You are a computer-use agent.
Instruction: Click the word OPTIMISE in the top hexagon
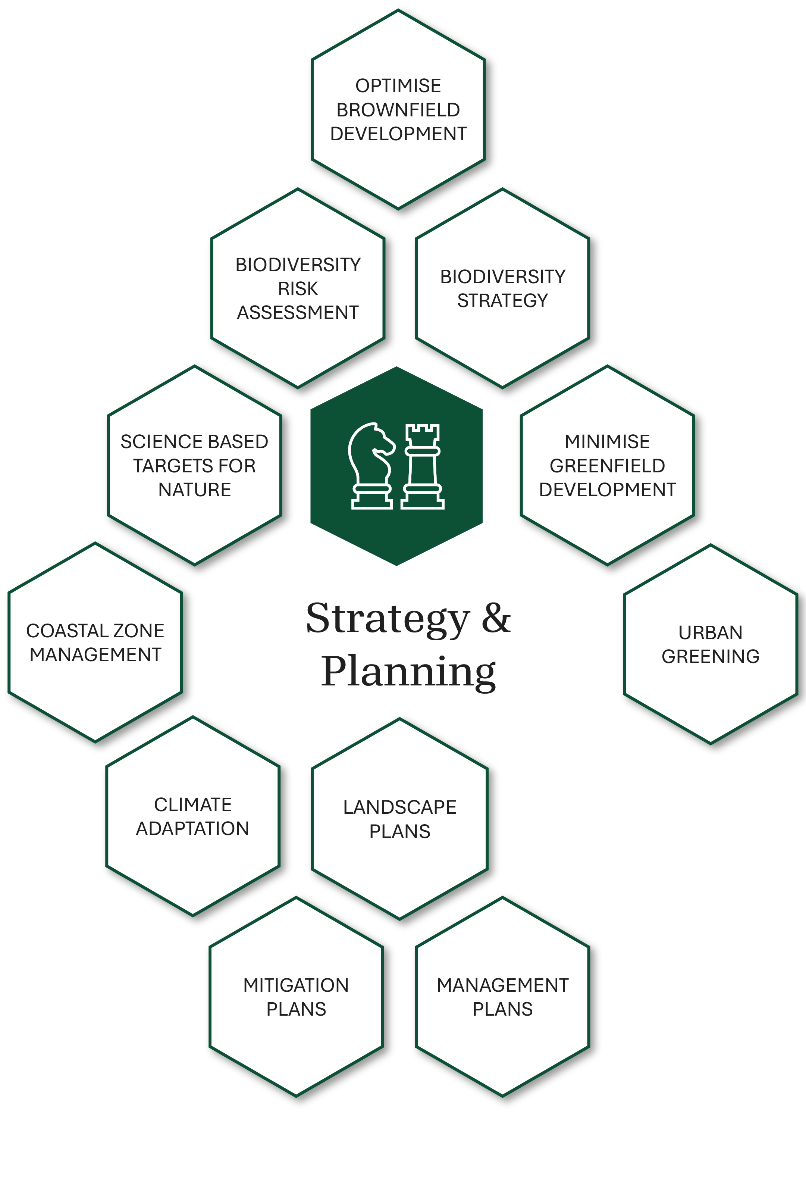point(398,86)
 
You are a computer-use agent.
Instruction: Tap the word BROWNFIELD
point(398,110)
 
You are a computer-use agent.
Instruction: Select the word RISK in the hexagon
point(298,289)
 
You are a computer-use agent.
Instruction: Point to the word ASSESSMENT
point(298,312)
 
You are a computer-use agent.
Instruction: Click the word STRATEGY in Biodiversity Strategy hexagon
point(502,301)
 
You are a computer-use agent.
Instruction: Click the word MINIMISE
point(607,442)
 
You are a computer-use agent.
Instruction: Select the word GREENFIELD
point(607,466)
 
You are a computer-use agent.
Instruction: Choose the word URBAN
point(711,633)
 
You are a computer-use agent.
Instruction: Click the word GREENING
point(711,657)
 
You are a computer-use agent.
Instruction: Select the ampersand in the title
point(496,618)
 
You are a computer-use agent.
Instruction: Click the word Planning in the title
point(408,672)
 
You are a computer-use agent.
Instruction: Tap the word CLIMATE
point(192,804)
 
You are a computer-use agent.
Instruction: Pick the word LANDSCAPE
point(400,807)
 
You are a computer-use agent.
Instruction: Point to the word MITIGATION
point(296,985)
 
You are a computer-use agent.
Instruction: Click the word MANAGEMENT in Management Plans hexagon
point(502,985)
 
